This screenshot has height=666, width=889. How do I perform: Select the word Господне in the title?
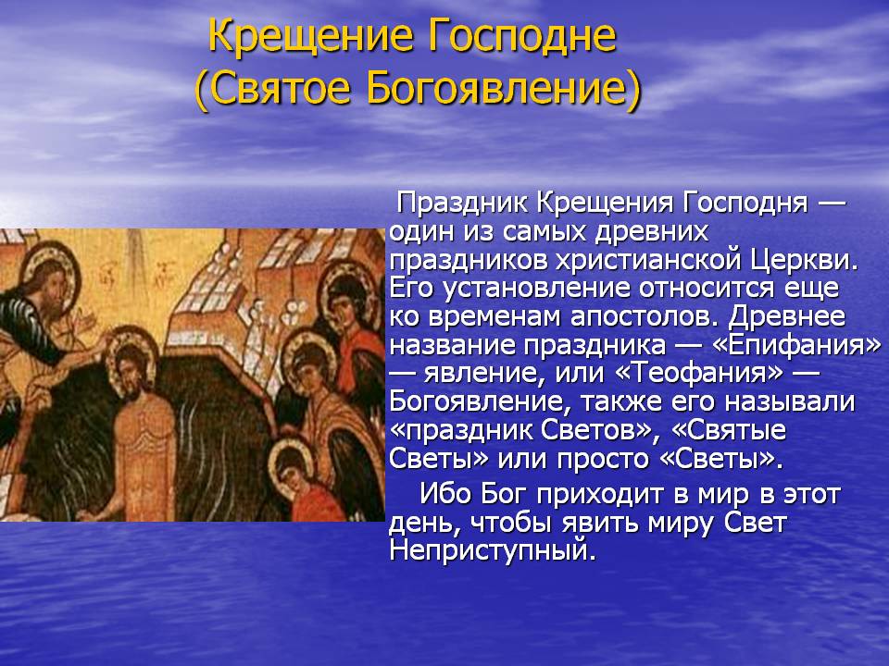pyautogui.click(x=521, y=36)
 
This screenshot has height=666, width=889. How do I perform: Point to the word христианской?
pyautogui.click(x=648, y=260)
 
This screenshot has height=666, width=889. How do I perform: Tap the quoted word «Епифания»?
pyautogui.click(x=796, y=345)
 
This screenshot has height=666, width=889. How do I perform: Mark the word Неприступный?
pyautogui.click(x=493, y=550)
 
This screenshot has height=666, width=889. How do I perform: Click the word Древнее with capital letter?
pyautogui.click(x=786, y=316)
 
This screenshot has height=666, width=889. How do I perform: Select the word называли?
pyautogui.click(x=789, y=401)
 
